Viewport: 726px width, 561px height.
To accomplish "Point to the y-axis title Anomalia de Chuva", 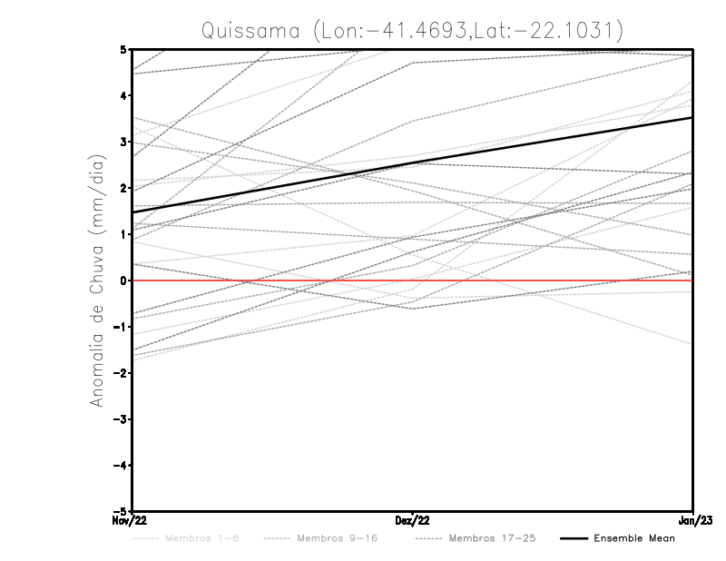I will click(x=97, y=280).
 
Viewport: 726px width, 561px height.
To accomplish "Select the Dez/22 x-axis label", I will click(x=412, y=521).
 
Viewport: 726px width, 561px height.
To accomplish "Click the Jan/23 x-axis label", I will click(x=693, y=521).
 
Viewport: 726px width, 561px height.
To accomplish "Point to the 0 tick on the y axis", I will click(x=123, y=280).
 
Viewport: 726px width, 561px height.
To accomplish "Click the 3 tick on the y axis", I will click(x=123, y=142).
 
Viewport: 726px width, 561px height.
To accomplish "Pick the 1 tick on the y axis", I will click(x=123, y=234).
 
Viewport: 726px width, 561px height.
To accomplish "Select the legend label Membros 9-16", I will click(x=336, y=538).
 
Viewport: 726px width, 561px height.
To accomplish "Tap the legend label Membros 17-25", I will click(x=493, y=538).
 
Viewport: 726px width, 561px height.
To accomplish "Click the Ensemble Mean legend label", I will click(x=634, y=538).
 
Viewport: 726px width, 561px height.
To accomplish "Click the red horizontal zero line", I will click(x=544, y=280).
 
